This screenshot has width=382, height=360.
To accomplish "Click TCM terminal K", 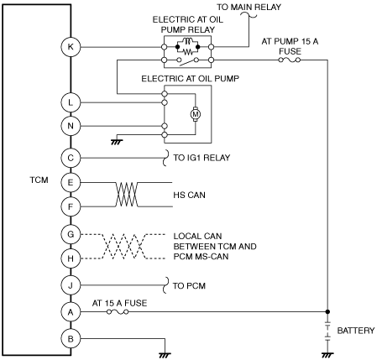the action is coord(71,47).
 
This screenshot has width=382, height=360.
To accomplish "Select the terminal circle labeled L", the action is coord(71,102).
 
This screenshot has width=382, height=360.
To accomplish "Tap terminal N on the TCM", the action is coord(71,126).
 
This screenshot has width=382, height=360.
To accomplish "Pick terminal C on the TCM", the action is coord(71,158).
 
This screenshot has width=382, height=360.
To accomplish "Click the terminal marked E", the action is coord(71,183).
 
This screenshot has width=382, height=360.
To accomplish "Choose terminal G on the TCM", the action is coord(71,234).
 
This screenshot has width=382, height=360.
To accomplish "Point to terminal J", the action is coord(71,285).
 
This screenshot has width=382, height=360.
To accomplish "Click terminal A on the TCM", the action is coord(71,311).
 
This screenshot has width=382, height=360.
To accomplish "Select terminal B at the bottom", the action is coord(71,339).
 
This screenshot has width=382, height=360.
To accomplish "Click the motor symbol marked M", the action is coord(196,114).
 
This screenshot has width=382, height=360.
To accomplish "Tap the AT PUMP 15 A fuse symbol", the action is coord(290,60).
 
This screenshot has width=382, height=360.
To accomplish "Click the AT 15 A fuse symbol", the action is coord(118,311).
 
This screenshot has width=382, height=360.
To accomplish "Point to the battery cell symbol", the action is coord(327,331).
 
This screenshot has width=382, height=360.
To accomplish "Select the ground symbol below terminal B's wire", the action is coord(165,355).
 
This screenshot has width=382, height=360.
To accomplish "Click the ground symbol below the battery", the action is coord(327,355).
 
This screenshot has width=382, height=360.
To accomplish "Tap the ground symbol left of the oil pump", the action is coord(117,142).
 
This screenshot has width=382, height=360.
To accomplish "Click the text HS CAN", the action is coord(189,195).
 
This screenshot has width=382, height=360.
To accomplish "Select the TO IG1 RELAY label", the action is coord(201,158).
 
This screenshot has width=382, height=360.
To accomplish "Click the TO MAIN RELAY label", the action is coord(249,7).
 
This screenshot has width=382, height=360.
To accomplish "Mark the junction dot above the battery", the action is coord(327,311).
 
